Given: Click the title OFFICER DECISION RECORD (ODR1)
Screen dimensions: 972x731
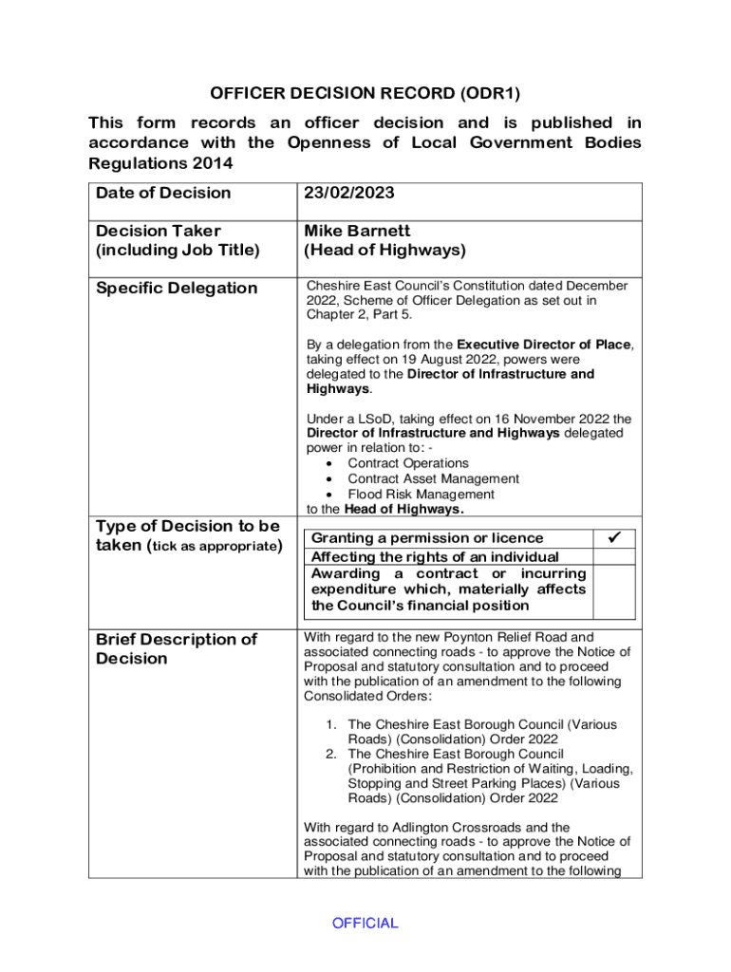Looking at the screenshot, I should pyautogui.click(x=365, y=94).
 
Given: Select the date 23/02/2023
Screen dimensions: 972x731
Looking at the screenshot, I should pyautogui.click(x=349, y=193).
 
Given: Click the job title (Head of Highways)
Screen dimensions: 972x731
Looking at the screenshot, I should pyautogui.click(x=384, y=251).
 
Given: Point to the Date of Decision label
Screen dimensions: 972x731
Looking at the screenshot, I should pyautogui.click(x=163, y=193).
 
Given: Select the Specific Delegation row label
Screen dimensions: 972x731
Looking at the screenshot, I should pyautogui.click(x=177, y=288).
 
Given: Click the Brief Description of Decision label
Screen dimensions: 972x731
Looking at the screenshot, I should pyautogui.click(x=177, y=648).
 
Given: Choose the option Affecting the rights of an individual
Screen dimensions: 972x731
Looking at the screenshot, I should pyautogui.click(x=435, y=557).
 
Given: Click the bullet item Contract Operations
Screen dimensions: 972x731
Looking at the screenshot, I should pyautogui.click(x=408, y=463).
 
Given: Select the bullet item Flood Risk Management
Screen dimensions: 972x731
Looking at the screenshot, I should pyautogui.click(x=421, y=495).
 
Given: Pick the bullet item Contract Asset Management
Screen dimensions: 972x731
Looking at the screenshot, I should pyautogui.click(x=433, y=479).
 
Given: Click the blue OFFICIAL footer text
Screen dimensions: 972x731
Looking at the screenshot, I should pyautogui.click(x=365, y=923).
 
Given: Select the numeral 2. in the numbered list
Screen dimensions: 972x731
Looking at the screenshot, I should pyautogui.click(x=331, y=754).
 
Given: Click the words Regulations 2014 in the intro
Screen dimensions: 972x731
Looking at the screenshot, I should pyautogui.click(x=160, y=163).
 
